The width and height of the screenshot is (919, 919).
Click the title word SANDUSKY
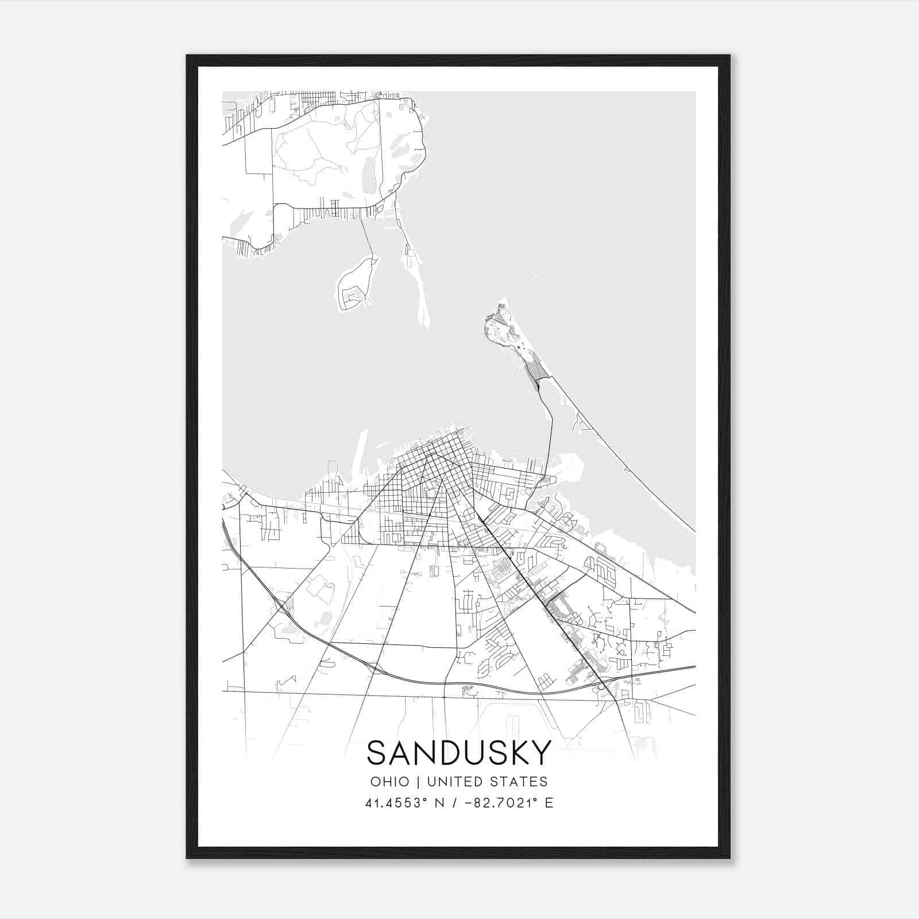coord(458,753)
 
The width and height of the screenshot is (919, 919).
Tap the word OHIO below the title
coord(390,782)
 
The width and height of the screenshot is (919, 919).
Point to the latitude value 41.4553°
coord(397,803)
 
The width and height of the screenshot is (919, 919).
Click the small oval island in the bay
coord(354,284)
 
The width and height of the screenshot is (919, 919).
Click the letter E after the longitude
coord(549,803)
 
